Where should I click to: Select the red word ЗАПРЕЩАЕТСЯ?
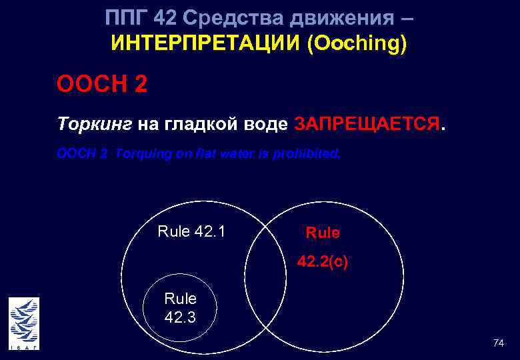click(x=367, y=124)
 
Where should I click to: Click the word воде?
click(x=267, y=124)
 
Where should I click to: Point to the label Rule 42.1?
click(x=191, y=231)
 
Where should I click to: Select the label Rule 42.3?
click(x=180, y=308)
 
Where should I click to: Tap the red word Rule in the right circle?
click(x=323, y=233)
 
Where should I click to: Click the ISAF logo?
click(x=24, y=323)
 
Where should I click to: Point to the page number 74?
click(x=498, y=343)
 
